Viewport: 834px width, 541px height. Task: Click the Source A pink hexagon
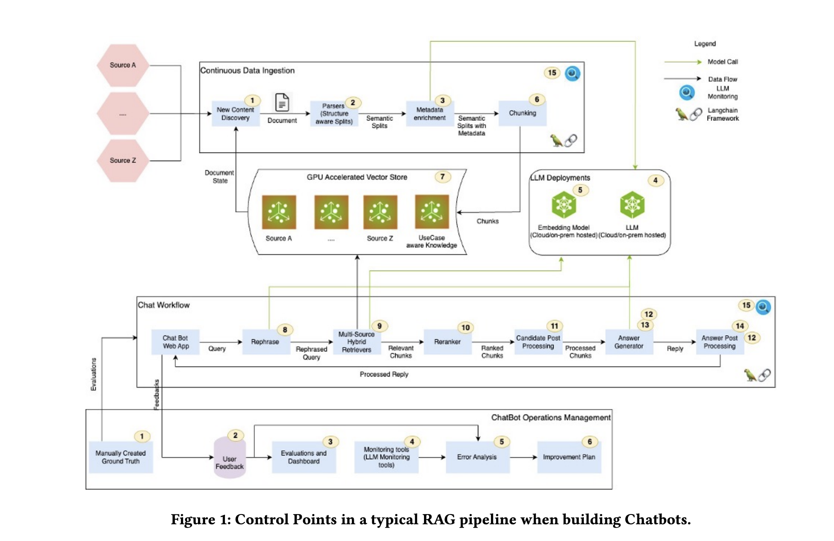pyautogui.click(x=123, y=66)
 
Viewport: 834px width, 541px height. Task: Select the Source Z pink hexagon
pyautogui.click(x=123, y=160)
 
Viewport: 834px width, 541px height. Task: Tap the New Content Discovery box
pyautogui.click(x=235, y=114)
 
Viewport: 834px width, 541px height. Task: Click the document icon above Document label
pyautogui.click(x=282, y=103)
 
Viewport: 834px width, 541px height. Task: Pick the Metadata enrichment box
pyautogui.click(x=430, y=114)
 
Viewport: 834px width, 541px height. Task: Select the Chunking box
pyautogui.click(x=522, y=113)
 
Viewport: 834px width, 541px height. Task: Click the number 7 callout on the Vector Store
pyautogui.click(x=442, y=177)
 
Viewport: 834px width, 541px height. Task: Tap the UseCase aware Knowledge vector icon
pyautogui.click(x=431, y=212)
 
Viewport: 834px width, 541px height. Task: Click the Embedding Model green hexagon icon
pyautogui.click(x=563, y=205)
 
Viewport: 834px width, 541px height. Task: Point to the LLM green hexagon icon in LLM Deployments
pyautogui.click(x=632, y=205)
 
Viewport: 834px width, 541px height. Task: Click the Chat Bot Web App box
pyautogui.click(x=176, y=342)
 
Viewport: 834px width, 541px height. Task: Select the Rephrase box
pyautogui.click(x=265, y=342)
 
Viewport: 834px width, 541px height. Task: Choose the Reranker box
pyautogui.click(x=447, y=342)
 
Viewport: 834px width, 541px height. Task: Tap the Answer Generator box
pyautogui.click(x=629, y=342)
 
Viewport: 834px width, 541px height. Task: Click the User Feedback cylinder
pyautogui.click(x=230, y=458)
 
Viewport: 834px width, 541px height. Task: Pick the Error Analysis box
pyautogui.click(x=477, y=457)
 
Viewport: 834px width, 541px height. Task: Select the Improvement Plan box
pyautogui.click(x=569, y=457)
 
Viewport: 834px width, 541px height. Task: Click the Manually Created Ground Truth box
pyautogui.click(x=121, y=457)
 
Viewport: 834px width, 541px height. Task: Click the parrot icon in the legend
pyautogui.click(x=682, y=114)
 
